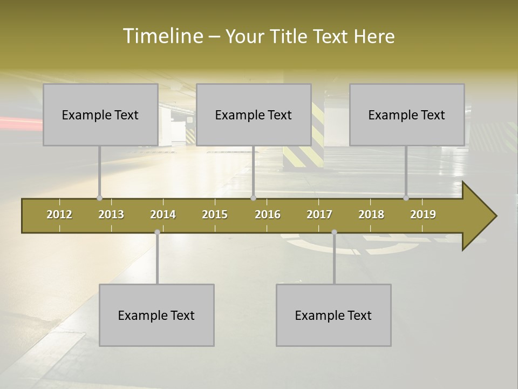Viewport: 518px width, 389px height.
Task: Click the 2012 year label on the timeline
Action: pos(59,214)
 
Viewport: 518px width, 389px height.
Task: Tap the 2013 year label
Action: pos(111,214)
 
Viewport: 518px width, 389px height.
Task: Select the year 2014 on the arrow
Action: pos(163,214)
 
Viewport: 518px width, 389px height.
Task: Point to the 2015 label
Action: pos(215,214)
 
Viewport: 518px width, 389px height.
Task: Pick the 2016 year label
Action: pos(268,214)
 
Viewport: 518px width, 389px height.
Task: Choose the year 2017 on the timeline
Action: pos(319,214)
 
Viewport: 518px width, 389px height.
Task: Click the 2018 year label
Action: pos(371,214)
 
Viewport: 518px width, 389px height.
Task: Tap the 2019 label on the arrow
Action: pos(423,214)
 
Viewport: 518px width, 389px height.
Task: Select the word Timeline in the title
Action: pos(162,36)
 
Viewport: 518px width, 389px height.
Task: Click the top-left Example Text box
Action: pos(100,115)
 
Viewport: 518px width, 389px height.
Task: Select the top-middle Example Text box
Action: pos(254,115)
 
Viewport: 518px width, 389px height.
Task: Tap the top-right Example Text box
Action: pos(407,115)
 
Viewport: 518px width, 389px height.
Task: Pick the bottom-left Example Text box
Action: pos(156,315)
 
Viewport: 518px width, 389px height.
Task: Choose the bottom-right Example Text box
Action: pos(333,315)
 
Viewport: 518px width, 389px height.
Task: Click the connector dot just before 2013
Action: pos(99,198)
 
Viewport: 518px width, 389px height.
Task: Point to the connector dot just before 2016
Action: pos(253,198)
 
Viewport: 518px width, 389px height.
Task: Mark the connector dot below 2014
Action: pos(157,232)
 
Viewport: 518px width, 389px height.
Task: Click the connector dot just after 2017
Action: pos(334,232)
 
